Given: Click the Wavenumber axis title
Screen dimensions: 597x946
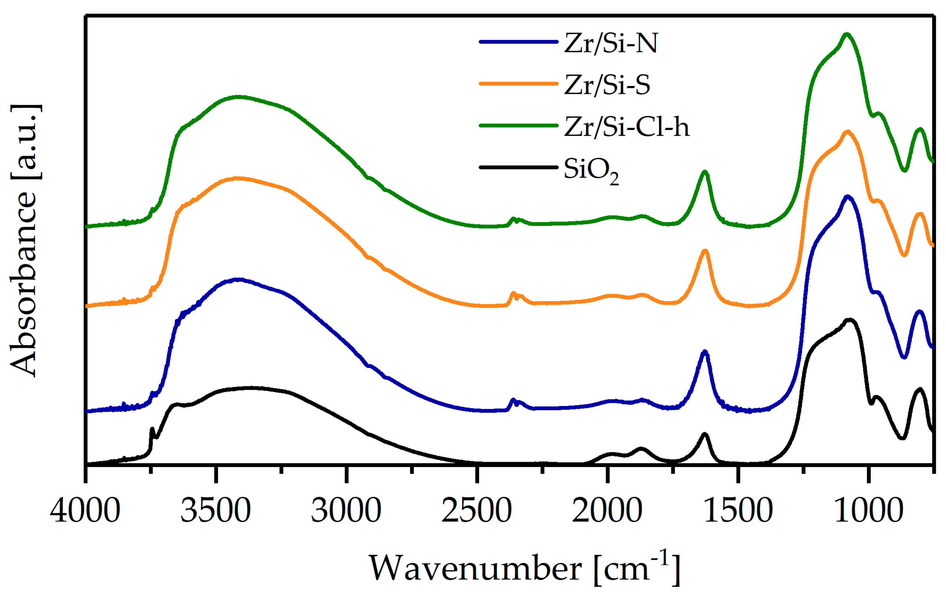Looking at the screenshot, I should pyautogui.click(x=525, y=568).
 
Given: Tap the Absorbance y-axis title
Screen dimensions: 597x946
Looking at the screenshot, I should pyautogui.click(x=24, y=240).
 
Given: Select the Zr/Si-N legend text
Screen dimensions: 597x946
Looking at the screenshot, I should pyautogui.click(x=611, y=43).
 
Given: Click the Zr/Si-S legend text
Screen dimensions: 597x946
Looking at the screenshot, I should pyautogui.click(x=607, y=85).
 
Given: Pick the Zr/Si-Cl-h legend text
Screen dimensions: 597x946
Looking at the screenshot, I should pyautogui.click(x=627, y=127).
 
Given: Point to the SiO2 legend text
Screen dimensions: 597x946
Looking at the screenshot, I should pyautogui.click(x=591, y=170).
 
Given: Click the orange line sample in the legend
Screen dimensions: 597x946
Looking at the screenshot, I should pyautogui.click(x=518, y=84).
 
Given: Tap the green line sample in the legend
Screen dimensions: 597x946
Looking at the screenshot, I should pyautogui.click(x=518, y=126).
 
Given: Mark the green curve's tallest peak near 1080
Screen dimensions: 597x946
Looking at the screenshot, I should pyautogui.click(x=847, y=34).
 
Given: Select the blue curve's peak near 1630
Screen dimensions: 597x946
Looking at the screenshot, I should pyautogui.click(x=705, y=352).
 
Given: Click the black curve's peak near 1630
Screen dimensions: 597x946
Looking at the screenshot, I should pyautogui.click(x=704, y=434).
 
